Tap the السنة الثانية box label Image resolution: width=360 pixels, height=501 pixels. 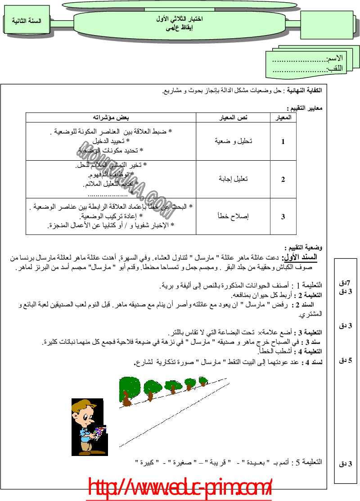(x=26, y=21)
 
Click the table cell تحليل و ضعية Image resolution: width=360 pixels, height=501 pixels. (x=233, y=141)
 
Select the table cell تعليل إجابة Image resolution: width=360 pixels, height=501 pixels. (x=233, y=179)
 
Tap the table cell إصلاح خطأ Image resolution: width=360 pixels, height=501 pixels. (x=233, y=216)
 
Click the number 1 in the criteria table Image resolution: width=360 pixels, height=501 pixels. (x=283, y=141)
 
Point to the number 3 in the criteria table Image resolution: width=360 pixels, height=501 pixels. (x=283, y=217)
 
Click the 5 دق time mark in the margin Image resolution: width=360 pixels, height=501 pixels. (x=345, y=360)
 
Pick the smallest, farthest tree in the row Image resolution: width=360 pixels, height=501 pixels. (x=203, y=381)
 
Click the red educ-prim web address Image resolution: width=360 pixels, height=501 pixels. (x=180, y=488)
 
